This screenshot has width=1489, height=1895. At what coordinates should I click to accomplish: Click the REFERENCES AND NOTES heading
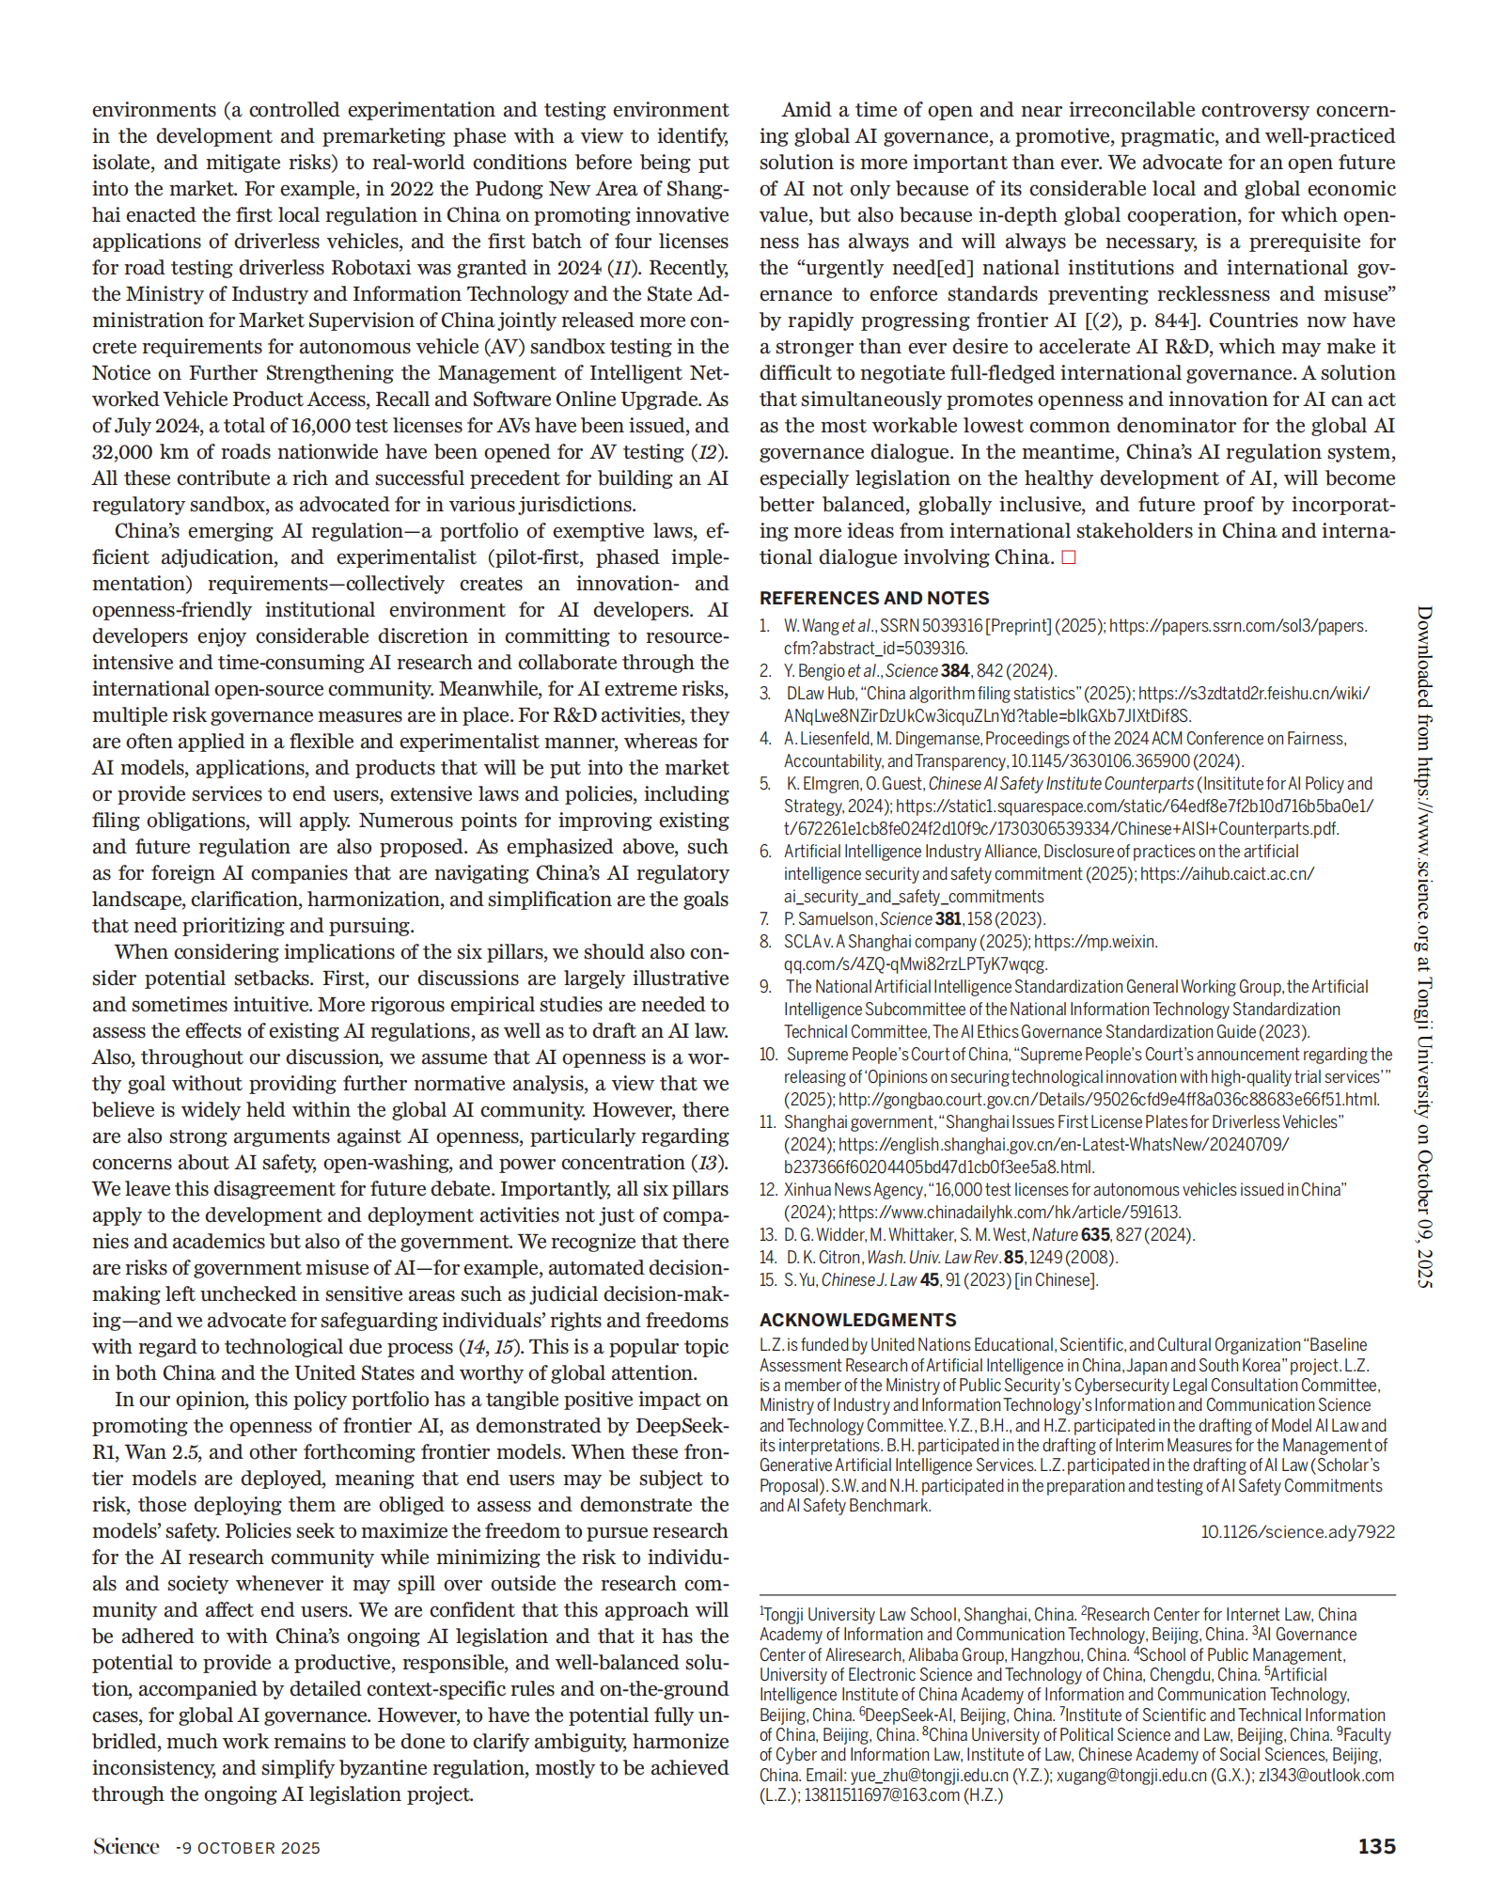[874, 598]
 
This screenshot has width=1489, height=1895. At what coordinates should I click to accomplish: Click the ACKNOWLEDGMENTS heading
[857, 1320]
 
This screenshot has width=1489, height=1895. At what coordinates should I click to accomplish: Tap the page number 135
[1376, 1846]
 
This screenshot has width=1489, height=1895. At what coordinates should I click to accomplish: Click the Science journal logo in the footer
[126, 1846]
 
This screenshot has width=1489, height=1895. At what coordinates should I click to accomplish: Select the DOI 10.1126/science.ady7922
[1297, 1531]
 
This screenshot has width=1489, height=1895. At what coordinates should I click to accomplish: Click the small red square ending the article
[1068, 557]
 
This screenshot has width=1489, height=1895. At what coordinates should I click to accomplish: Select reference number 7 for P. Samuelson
[765, 919]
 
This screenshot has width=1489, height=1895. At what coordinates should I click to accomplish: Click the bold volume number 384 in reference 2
[955, 671]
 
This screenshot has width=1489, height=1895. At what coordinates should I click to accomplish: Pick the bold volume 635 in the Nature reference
[1096, 1235]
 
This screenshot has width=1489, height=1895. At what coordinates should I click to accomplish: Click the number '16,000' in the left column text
[325, 426]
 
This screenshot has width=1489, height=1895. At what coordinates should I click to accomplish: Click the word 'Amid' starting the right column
[807, 110]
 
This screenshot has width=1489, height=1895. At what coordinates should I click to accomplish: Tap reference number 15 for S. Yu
[768, 1280]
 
